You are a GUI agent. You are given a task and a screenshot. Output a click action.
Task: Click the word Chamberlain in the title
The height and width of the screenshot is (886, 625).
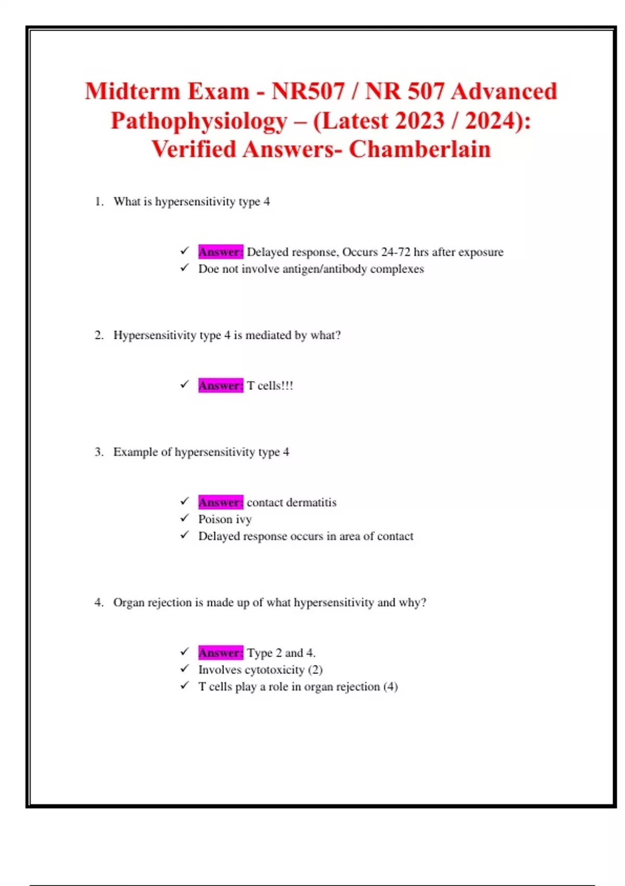[420, 150]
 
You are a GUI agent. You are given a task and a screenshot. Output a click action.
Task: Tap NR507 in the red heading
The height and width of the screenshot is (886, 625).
[308, 92]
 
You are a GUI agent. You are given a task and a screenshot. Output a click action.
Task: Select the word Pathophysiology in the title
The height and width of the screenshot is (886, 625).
[199, 121]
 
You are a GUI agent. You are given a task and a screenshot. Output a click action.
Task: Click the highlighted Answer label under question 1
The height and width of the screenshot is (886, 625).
[220, 252]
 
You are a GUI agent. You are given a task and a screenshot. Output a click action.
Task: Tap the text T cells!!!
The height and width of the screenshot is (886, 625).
[270, 386]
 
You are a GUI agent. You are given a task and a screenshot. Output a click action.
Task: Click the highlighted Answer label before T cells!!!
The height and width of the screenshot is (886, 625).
[220, 386]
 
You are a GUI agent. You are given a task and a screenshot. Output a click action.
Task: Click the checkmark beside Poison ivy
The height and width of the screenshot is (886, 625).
[184, 519]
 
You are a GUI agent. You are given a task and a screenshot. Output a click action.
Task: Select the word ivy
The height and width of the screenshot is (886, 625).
[244, 520]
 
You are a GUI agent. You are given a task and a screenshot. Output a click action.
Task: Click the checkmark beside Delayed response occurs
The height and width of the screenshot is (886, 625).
[184, 535]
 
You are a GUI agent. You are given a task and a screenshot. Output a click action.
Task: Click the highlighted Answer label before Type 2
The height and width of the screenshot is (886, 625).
[220, 653]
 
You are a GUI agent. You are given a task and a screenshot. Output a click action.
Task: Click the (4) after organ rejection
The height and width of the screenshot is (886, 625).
[391, 687]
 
